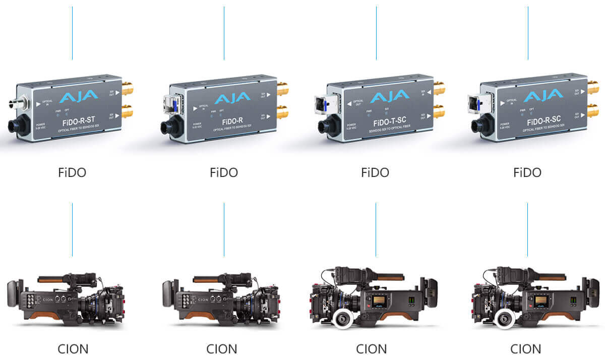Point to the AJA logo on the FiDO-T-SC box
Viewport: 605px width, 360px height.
[x=389, y=95]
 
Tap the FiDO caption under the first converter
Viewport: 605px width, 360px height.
[x=72, y=172]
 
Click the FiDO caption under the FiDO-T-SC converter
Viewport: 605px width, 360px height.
[x=375, y=172]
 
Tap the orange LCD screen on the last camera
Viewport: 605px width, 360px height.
[x=541, y=301]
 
